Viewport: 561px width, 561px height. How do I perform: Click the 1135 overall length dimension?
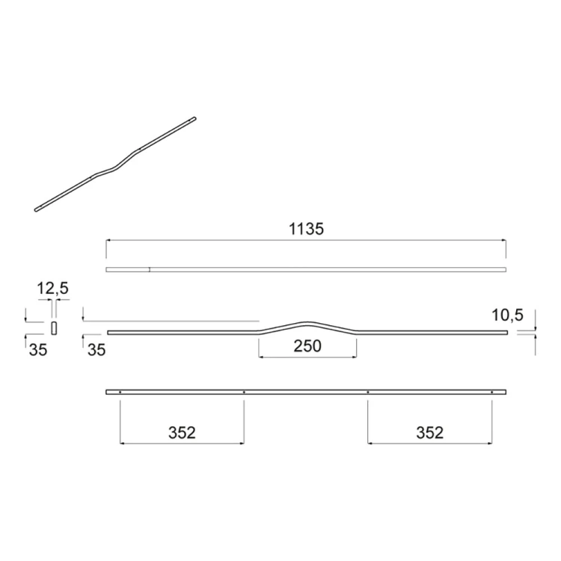tap(306, 229)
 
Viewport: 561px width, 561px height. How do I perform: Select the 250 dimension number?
tap(307, 346)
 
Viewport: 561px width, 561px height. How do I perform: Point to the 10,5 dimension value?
tap(506, 314)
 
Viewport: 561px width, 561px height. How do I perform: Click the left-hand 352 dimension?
tap(182, 432)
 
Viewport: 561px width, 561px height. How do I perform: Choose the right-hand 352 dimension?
tap(429, 432)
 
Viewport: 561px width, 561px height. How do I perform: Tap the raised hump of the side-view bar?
tap(307, 323)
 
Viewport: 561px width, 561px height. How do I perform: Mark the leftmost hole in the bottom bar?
tap(120, 392)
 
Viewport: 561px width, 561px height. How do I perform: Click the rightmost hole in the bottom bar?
tap(491, 392)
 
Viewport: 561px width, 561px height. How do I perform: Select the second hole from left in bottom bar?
tap(244, 392)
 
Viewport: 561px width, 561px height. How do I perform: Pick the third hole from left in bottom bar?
tap(368, 392)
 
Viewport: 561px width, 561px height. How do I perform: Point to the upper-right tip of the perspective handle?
tap(193, 118)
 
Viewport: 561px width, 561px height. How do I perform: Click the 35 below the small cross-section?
tap(37, 349)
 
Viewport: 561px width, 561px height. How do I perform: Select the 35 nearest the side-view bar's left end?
tap(96, 349)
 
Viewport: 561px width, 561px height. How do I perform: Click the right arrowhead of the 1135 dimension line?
tap(504, 240)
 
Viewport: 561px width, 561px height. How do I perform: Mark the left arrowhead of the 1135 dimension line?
tap(108, 240)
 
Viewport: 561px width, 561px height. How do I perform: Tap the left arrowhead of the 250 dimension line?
tap(260, 358)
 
